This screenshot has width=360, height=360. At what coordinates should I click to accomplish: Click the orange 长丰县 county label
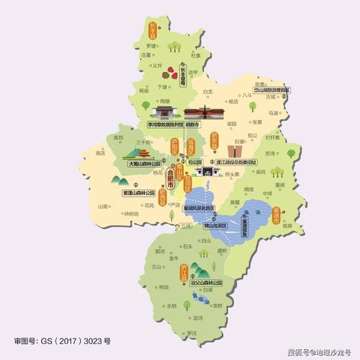tap(153, 30)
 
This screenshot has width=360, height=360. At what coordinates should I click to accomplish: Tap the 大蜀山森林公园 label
tap(143, 164)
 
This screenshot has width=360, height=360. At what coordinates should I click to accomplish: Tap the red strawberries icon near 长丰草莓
tap(170, 73)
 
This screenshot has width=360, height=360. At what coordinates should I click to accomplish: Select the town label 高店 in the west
tap(101, 153)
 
